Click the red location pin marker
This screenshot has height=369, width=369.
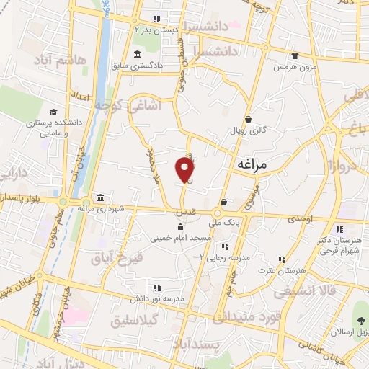click(185, 170)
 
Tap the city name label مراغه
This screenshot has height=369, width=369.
click(252, 165)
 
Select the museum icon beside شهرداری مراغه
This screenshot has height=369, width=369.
click(99, 197)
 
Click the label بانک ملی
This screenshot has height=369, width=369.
click(223, 223)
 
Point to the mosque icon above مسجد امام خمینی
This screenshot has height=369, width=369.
click(179, 227)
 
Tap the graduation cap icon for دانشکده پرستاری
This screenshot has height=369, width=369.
click(53, 112)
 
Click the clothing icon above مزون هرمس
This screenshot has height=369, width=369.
click(294, 55)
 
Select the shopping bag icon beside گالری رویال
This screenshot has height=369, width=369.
click(248, 120)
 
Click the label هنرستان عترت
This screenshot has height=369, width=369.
click(302, 270)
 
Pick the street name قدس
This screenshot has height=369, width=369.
click(186, 214)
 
